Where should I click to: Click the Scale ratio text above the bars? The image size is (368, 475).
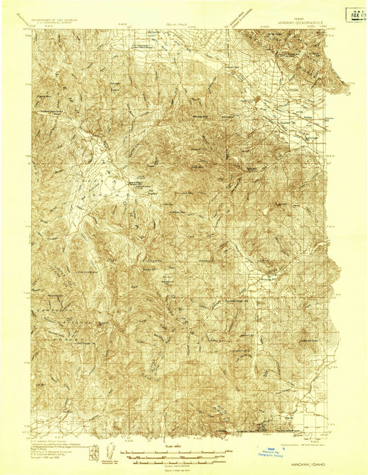point(175,447)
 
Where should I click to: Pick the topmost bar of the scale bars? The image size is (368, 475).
point(175,452)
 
